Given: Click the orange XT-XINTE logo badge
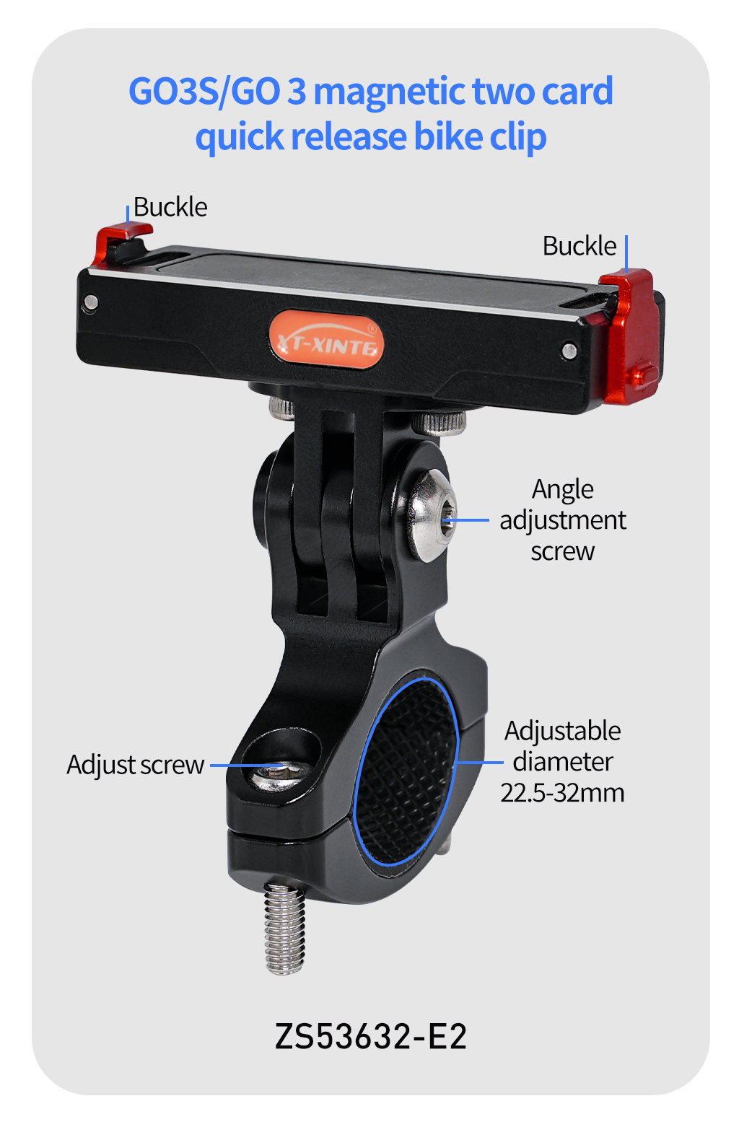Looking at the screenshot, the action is pos(325,339).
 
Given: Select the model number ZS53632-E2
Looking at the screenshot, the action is pos(370,1036).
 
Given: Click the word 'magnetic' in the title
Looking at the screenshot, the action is pos(389,92).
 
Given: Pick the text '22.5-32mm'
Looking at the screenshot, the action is pos(562,793).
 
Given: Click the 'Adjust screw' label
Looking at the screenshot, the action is pos(136,766).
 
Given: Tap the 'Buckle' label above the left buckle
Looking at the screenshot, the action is pos(170,207).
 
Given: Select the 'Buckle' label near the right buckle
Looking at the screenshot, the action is pos(580,246).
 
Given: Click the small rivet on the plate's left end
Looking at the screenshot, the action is pos(91,302).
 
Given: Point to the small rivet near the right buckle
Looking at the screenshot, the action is pos(569,350).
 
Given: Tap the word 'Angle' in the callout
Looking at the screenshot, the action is pos(563,489).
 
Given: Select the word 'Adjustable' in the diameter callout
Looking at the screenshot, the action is pos(562,731).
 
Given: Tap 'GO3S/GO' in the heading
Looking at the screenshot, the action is pos(204,92).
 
